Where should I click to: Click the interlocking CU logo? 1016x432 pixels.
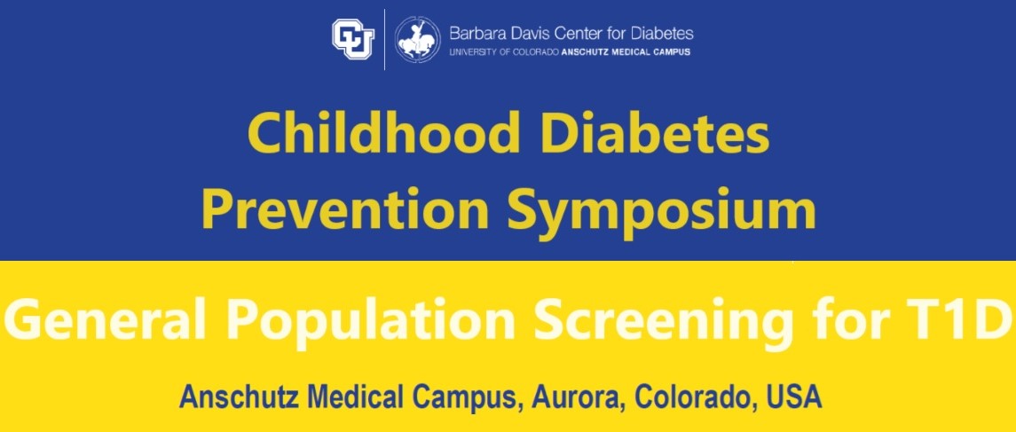[x=353, y=38]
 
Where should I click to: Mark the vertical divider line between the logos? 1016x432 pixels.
[x=384, y=39]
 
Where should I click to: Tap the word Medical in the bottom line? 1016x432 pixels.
[x=343, y=397]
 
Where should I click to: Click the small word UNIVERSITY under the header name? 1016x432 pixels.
[x=470, y=51]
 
